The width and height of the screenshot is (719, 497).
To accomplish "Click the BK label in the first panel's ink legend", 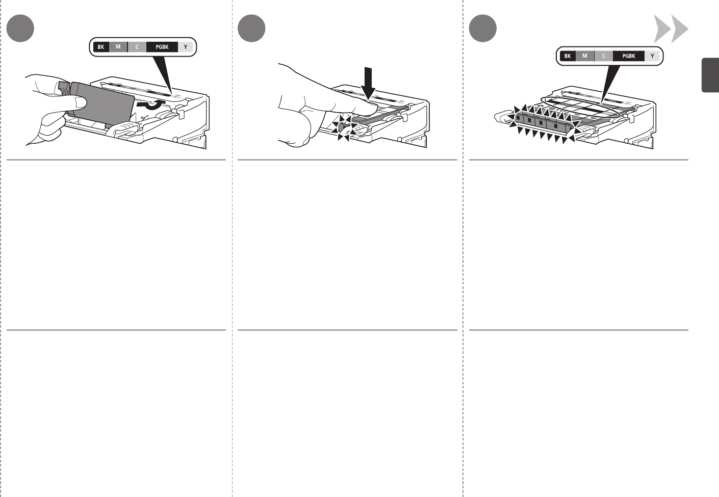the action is pos(101,47).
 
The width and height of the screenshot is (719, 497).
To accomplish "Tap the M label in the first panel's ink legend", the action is pos(118,47).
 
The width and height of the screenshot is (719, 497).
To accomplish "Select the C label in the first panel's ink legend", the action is pos(137,47).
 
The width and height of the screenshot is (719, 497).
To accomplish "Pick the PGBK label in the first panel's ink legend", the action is pos(162,47).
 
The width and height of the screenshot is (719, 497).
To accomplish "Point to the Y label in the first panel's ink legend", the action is pos(186,47).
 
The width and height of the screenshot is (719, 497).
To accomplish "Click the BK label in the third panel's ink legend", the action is pos(568,56).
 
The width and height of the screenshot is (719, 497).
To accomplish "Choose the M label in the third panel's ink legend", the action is pos(585,56).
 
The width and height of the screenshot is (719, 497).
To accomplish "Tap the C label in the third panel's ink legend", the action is pos(604,56).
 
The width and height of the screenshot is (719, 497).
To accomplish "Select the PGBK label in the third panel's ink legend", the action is pos(629,56).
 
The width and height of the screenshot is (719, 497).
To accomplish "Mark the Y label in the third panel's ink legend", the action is pos(652,56).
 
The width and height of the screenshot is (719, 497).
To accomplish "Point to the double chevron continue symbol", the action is pos(671,30).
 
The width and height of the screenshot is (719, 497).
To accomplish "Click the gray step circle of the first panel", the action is pos(20,28).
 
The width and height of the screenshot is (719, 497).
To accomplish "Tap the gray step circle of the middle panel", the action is pos(252,28).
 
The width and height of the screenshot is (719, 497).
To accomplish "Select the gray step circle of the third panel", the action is pos(483,28).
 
